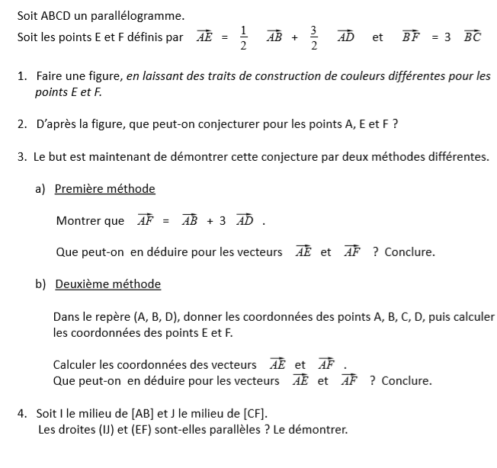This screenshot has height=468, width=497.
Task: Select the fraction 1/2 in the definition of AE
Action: (x=243, y=37)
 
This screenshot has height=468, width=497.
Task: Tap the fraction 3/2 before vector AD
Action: (x=313, y=37)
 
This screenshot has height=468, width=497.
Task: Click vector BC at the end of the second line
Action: (x=472, y=37)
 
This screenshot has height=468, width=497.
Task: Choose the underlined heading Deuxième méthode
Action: (x=107, y=284)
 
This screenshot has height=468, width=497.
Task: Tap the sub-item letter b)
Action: (x=41, y=284)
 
